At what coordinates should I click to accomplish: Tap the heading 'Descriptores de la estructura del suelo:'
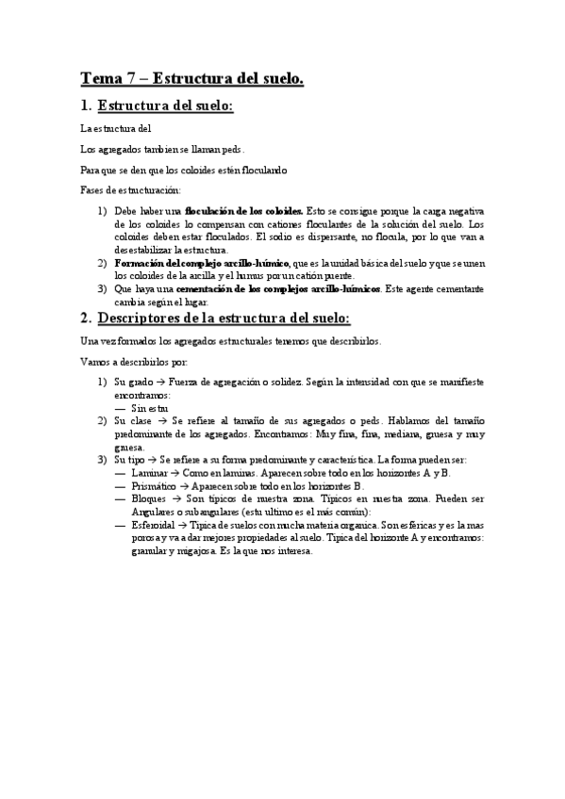[224, 316]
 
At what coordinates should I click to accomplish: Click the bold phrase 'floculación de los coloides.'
[244, 212]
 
